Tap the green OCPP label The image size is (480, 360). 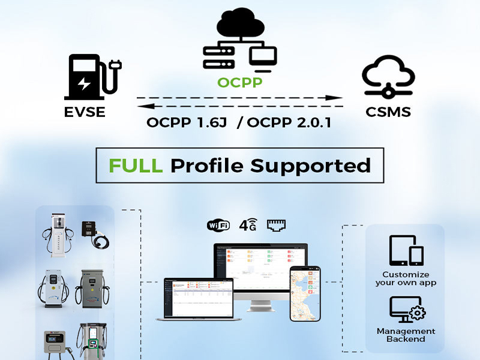[x=240, y=82]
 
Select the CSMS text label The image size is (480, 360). [x=388, y=112]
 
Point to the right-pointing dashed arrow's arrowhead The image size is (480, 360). [x=337, y=97]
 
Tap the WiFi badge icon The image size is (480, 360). [x=218, y=226]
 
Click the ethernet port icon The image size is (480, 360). [x=276, y=225]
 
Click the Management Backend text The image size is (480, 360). [x=406, y=335]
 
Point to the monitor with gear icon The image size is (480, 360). [x=406, y=310]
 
